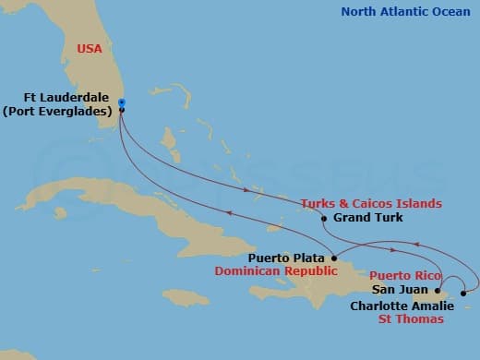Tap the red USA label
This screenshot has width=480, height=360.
coord(90,48)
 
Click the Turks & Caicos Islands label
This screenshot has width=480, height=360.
coord(370,203)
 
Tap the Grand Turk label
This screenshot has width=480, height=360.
coord(366,219)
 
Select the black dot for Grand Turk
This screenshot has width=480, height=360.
coord(324,219)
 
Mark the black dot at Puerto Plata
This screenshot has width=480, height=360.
coord(332,258)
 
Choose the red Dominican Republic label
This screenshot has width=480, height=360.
coord(272,272)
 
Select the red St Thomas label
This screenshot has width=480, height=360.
coord(411,318)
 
